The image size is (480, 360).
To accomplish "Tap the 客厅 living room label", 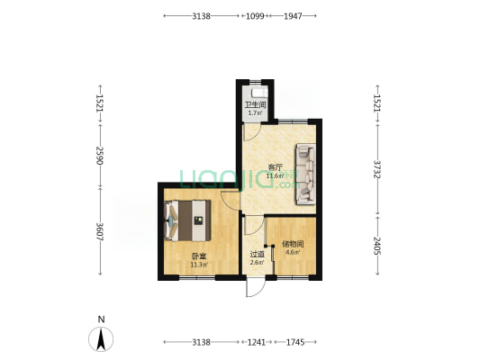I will (276, 166).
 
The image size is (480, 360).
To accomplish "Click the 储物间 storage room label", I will (292, 243).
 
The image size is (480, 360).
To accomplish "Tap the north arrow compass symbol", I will (103, 340).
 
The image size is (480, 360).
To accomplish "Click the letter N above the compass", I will (103, 319).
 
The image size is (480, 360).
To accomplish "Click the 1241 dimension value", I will (257, 343).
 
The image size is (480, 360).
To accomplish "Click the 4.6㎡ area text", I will (292, 253).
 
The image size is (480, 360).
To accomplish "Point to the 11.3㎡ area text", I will (199, 265).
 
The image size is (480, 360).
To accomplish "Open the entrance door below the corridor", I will (255, 289).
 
